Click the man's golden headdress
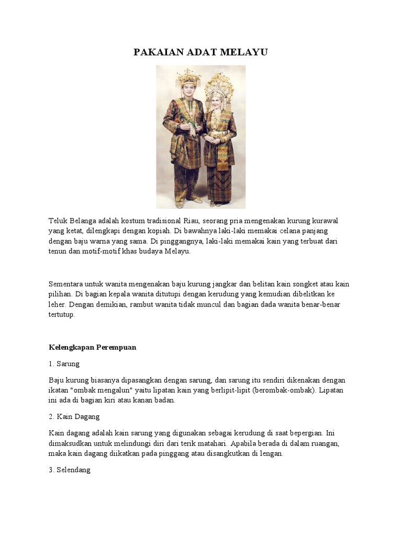[x=188, y=79]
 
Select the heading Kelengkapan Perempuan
[x=92, y=347]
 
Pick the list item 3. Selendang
[x=70, y=470]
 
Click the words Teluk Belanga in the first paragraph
[x=71, y=220]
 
